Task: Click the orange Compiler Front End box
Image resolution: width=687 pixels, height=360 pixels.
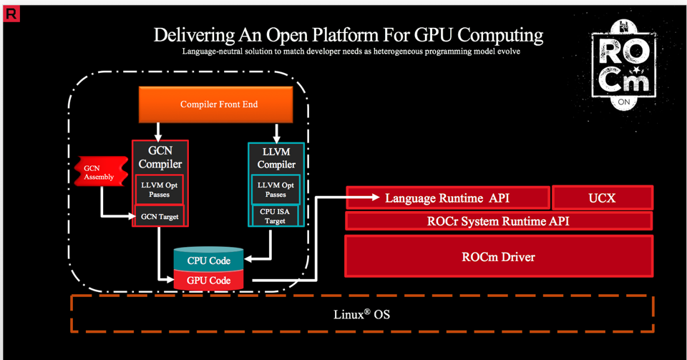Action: pos(218,104)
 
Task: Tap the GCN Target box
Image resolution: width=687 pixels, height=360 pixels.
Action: pos(160,216)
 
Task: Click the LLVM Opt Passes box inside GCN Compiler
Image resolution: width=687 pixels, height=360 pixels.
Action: pos(160,190)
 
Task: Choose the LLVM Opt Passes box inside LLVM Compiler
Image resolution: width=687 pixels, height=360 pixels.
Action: pos(276,190)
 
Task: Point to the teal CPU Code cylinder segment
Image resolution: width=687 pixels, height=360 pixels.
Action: pos(208,261)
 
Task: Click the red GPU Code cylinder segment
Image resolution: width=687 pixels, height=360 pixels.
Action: pos(208,281)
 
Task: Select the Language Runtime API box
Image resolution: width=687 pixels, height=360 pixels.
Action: pos(447,198)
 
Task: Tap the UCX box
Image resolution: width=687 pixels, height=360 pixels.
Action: pos(602,198)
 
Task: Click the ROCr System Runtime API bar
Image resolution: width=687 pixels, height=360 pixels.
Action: pos(498,221)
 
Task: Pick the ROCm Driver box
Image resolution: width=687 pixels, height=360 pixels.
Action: pos(498,256)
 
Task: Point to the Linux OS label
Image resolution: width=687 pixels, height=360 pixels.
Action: pos(362,314)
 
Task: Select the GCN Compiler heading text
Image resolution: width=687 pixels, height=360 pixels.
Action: pos(160,158)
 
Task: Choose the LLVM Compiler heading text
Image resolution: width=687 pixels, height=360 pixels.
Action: pos(276,158)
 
